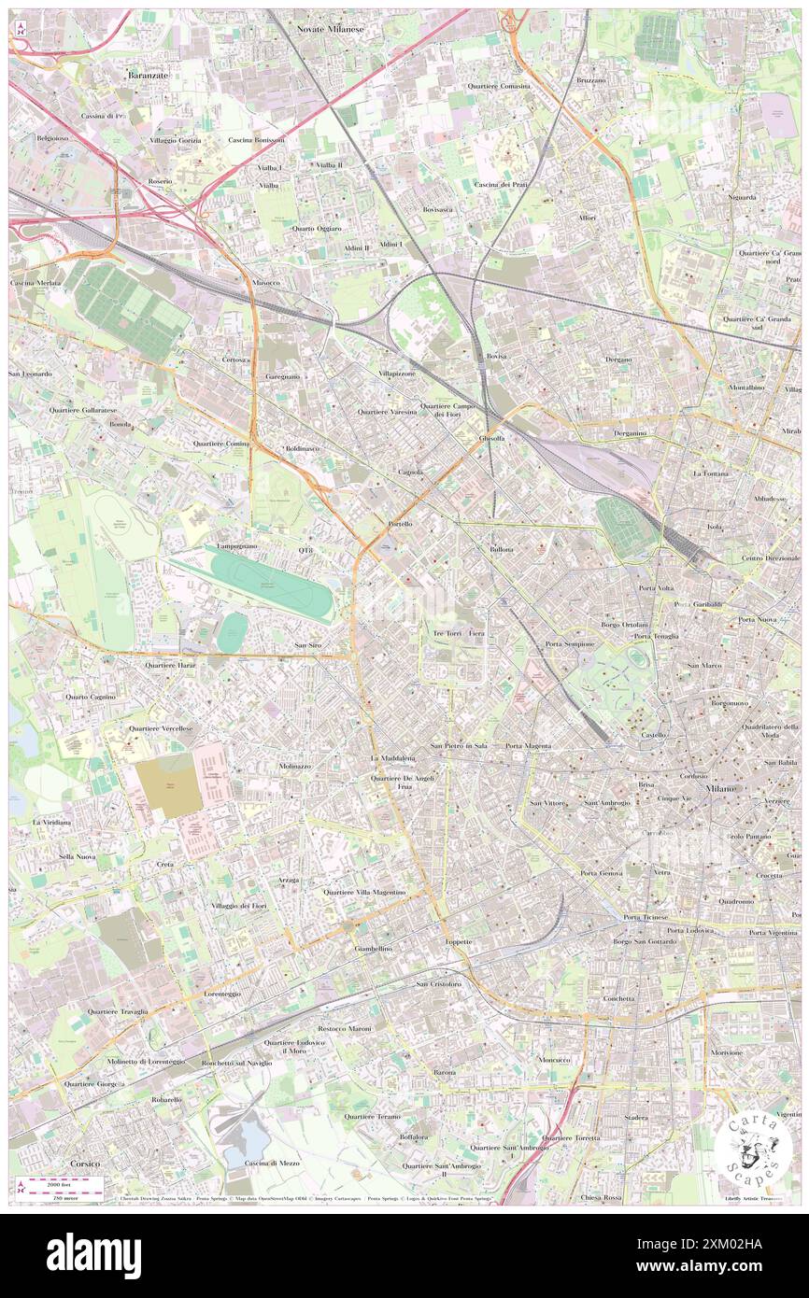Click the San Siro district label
pyautogui.click(x=308, y=645)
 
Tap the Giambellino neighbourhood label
pyautogui.click(x=373, y=949)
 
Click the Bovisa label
pyautogui.click(x=496, y=358)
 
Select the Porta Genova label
pyautogui.click(x=600, y=873)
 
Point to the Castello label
pyautogui.click(x=653, y=735)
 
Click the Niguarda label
pyautogui.click(x=744, y=197)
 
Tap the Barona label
pyautogui.click(x=445, y=1072)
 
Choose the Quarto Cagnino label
pyautogui.click(x=91, y=697)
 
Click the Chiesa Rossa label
pyautogui.click(x=601, y=1198)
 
